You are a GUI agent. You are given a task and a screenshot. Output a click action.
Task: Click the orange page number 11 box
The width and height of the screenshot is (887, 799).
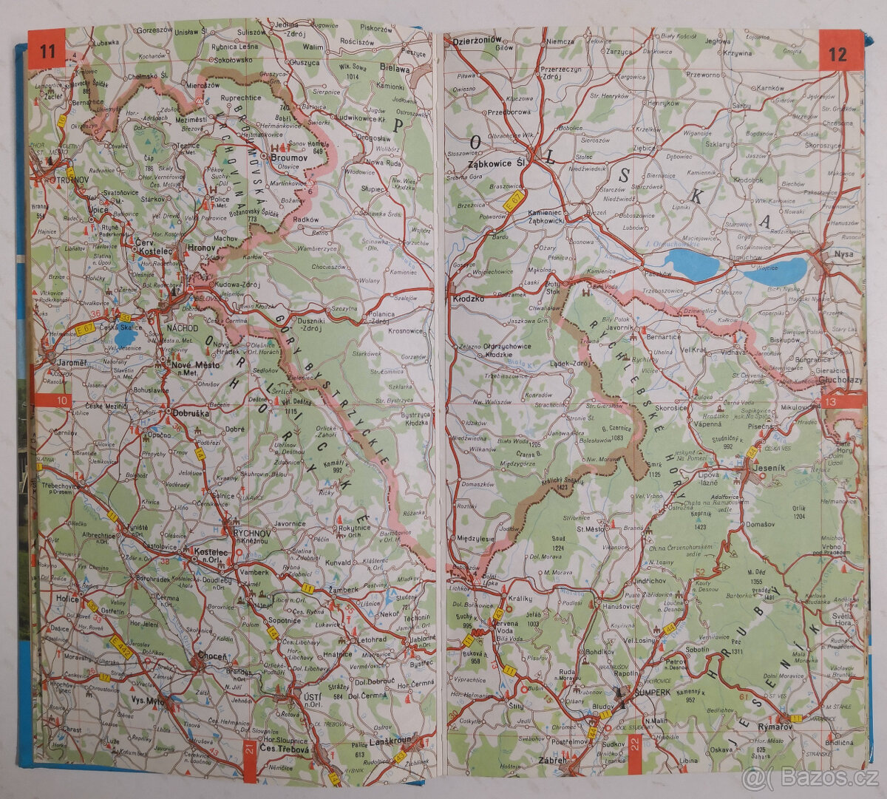(47, 51)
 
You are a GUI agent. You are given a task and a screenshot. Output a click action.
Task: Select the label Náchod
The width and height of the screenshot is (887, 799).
(183, 327)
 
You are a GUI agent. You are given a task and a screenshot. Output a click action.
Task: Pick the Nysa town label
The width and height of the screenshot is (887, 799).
(843, 254)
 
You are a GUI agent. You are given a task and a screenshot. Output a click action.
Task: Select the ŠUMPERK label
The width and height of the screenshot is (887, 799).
(652, 692)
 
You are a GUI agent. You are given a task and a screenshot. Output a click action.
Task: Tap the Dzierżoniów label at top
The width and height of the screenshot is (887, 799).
(477, 40)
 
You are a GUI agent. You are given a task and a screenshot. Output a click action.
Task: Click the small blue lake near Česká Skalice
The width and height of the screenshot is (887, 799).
(125, 338)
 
